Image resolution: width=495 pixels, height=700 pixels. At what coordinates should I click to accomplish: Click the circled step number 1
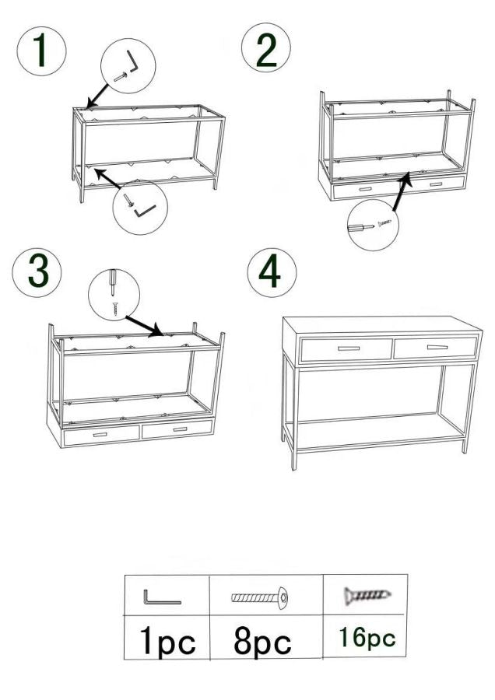tap(41, 51)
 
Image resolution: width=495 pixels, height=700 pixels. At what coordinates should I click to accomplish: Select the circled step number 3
tap(37, 273)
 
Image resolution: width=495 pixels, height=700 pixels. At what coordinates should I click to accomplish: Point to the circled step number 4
tap(272, 272)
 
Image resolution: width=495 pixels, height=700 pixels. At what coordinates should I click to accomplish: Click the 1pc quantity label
tap(167, 641)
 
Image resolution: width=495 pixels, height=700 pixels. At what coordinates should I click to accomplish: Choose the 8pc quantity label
tap(262, 642)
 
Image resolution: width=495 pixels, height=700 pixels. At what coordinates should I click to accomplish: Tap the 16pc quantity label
tap(367, 638)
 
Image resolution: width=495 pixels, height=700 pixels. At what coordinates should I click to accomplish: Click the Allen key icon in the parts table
tap(162, 597)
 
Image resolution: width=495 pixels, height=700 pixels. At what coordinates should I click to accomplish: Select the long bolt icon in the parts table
tap(259, 597)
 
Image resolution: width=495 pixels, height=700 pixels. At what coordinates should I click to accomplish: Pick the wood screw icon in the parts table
tap(367, 595)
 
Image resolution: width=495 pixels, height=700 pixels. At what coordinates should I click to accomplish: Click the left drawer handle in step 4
tap(349, 348)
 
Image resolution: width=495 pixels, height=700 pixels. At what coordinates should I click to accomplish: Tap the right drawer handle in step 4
tap(437, 347)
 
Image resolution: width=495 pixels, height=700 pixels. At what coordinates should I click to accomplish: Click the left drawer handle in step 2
tap(366, 189)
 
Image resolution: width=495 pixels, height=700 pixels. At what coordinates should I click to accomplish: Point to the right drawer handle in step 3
tap(180, 429)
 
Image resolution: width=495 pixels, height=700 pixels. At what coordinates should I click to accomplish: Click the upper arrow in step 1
tap(98, 96)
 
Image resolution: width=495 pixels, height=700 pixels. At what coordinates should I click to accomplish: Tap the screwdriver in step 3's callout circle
tap(113, 282)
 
